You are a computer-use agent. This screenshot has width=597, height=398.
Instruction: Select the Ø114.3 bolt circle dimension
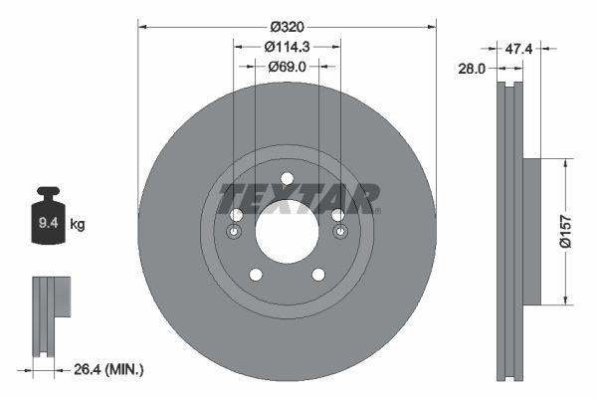point(287,46)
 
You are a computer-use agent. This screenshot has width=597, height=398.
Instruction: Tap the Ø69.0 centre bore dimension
point(287,67)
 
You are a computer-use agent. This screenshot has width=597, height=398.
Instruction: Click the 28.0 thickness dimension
point(472,68)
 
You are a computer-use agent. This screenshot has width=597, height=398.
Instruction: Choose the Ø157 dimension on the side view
point(564,231)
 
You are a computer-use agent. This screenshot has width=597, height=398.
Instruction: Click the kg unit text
point(78,225)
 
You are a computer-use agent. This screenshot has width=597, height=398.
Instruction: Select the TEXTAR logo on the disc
point(299,198)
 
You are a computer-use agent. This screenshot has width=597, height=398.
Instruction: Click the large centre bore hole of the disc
point(287,231)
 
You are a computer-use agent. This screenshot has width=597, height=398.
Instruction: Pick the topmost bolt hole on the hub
point(287,179)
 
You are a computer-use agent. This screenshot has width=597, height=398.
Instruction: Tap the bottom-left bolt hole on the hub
point(256,275)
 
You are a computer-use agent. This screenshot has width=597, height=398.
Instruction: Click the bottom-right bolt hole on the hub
point(318,275)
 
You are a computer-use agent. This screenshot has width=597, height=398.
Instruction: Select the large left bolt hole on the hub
point(236,216)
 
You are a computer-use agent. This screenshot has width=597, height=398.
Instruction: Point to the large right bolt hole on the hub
point(338,216)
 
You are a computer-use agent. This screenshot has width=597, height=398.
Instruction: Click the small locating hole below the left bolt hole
point(234,233)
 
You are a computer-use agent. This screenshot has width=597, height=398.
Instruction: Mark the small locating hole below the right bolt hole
point(340,233)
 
